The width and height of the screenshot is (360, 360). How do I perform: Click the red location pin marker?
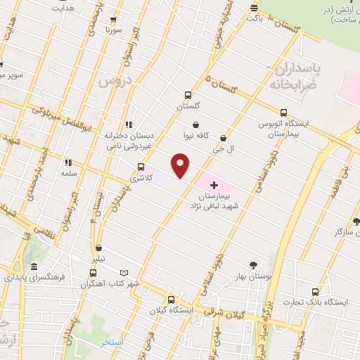pos(181,166)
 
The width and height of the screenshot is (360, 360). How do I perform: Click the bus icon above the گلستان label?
pos(188,95)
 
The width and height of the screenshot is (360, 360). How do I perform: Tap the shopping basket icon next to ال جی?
pos(224,138)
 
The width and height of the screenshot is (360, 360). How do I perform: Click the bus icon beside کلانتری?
pos(141,167)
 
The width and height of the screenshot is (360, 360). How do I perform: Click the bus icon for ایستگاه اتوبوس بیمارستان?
pos(283,112)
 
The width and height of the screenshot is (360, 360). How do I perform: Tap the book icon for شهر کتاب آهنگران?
pos(124,273)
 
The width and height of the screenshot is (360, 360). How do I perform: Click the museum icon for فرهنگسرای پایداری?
pos(34,267)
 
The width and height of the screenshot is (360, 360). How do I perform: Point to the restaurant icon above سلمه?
pos(68,162)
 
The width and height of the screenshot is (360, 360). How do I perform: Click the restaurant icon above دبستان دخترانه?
pos(127,124)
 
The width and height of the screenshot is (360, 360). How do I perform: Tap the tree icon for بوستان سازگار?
pos(356,220)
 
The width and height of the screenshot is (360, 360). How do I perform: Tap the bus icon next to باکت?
pos(255,8)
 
